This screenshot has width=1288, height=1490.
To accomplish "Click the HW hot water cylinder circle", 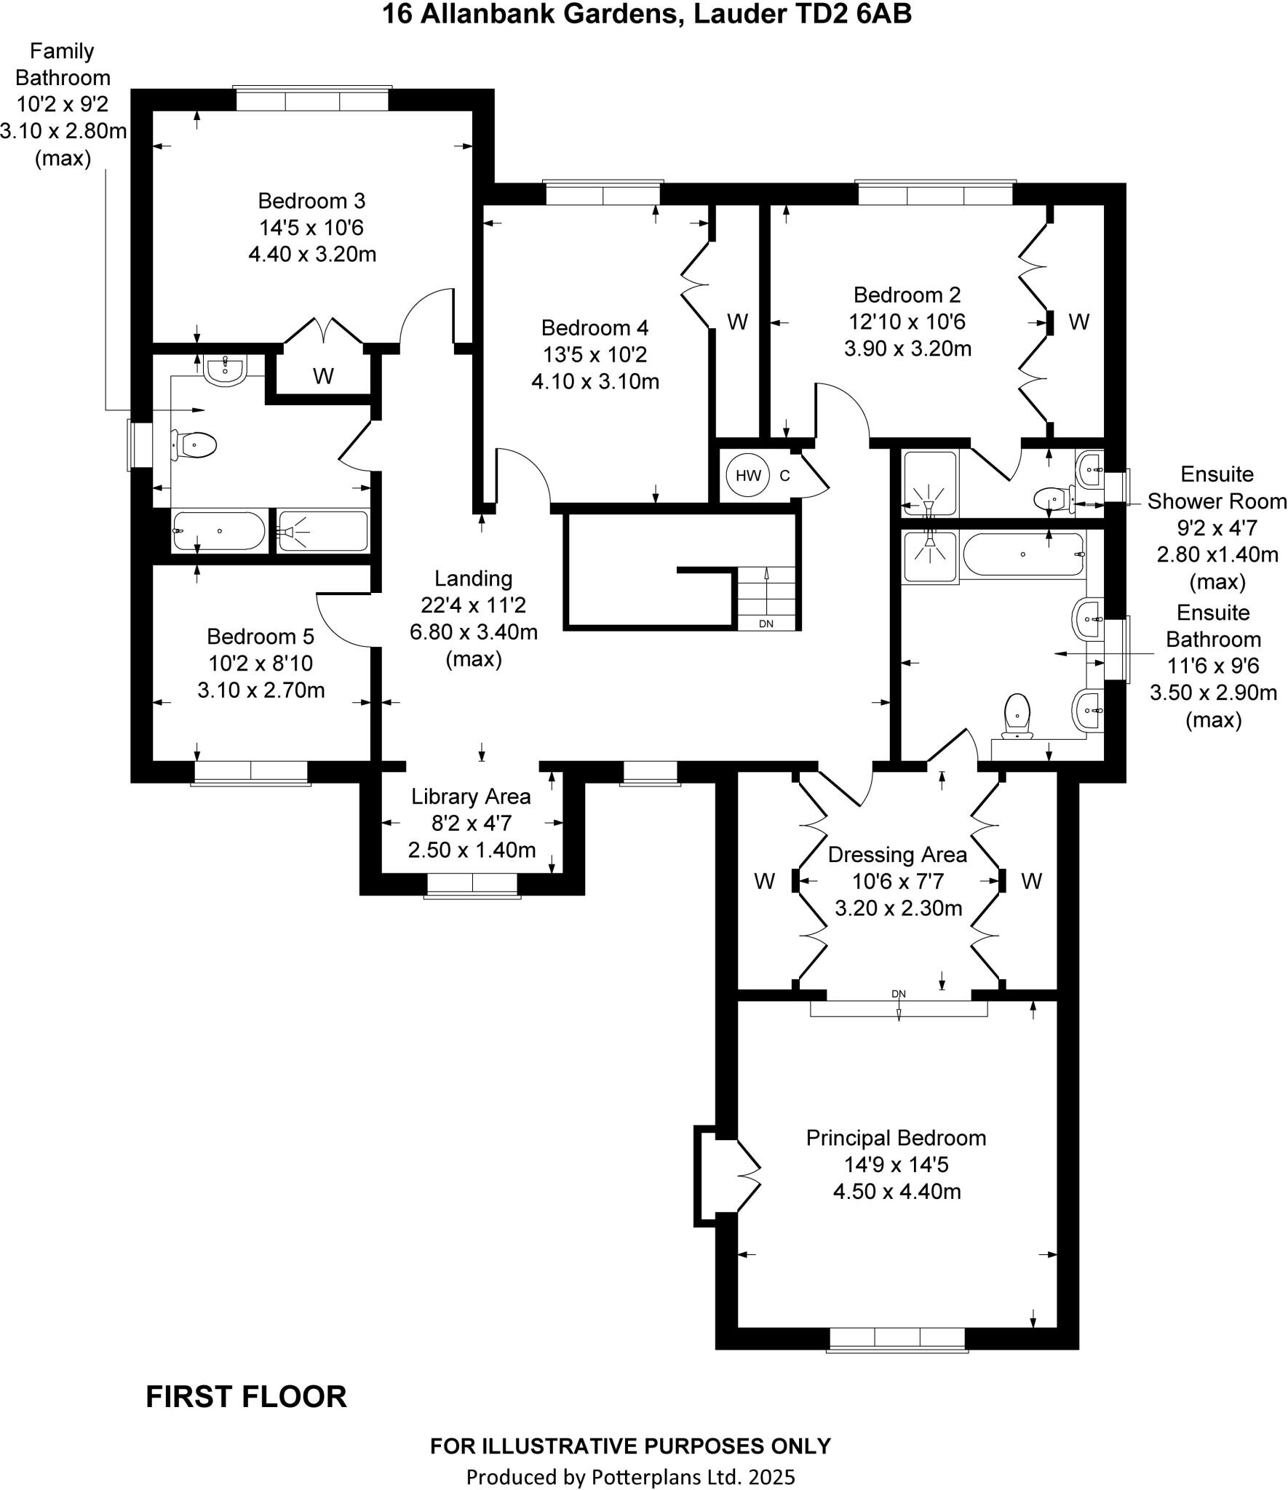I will click(x=747, y=476).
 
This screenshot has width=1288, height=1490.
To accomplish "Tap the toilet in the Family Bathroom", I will click(x=195, y=445).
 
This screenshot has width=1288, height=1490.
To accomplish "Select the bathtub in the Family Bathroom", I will click(x=219, y=531).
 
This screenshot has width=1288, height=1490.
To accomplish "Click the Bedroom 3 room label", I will click(x=311, y=201).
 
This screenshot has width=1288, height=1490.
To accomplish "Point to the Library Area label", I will click(x=471, y=797).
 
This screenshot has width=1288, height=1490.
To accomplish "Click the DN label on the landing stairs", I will click(x=766, y=624).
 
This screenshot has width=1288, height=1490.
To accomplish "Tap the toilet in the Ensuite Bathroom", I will click(x=1017, y=714).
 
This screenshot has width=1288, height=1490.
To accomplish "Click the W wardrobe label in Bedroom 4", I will click(x=737, y=322).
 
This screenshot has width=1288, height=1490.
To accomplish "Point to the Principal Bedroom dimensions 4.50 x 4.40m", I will click(x=897, y=1192).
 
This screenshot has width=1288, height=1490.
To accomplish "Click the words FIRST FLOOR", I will click(x=246, y=1397).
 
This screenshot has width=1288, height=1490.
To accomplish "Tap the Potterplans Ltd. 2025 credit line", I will click(x=630, y=1477).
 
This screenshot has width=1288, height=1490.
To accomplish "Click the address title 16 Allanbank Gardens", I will click(x=646, y=15).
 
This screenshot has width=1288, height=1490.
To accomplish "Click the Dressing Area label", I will click(x=897, y=855).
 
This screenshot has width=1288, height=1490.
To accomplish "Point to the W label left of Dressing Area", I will click(x=764, y=882).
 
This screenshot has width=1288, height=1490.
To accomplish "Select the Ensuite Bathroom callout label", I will click(x=1213, y=626).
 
